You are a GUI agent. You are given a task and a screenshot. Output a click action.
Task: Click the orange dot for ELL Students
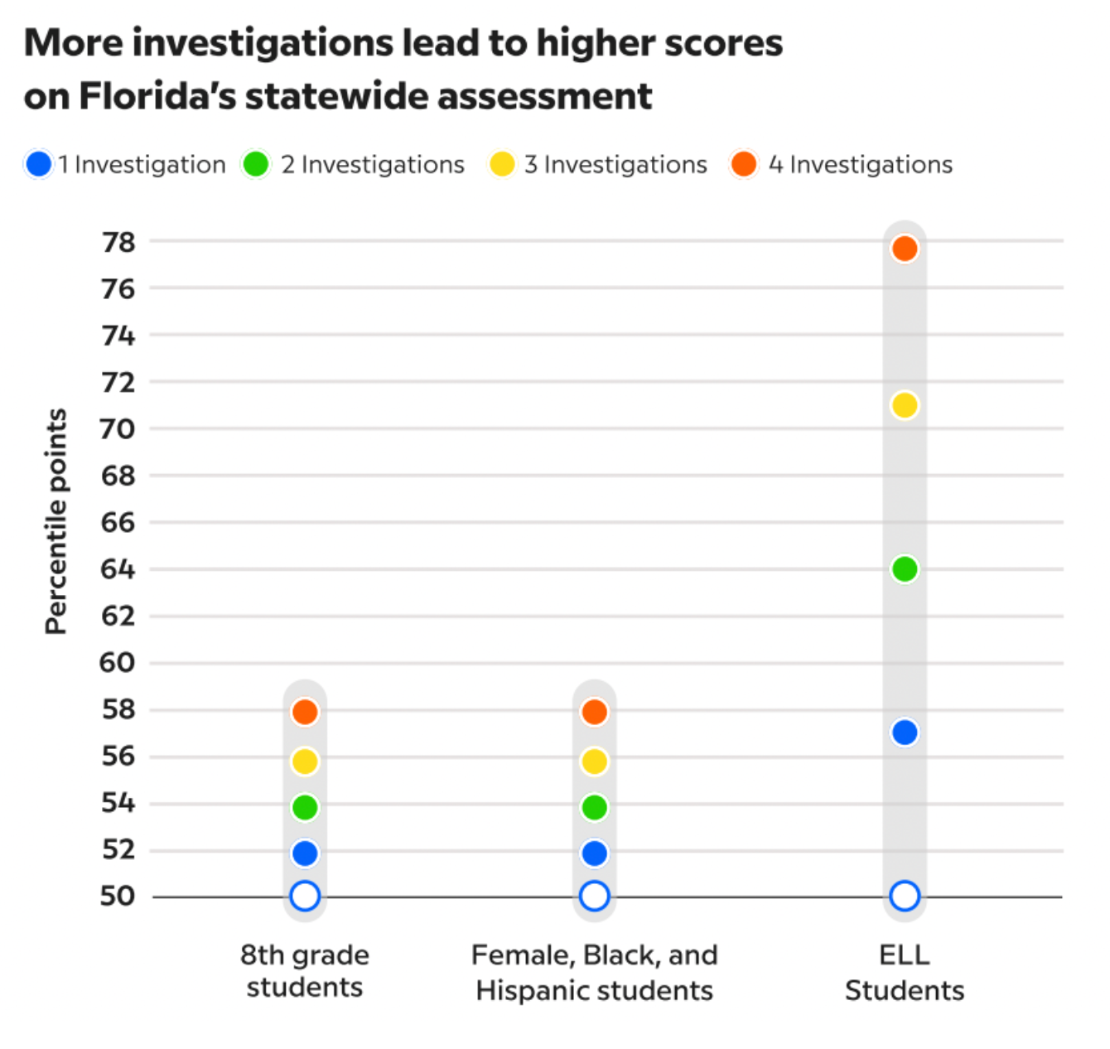point(905,249)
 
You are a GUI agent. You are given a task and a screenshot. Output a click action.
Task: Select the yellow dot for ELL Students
point(905,405)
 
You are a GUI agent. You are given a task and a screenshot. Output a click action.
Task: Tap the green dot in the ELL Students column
point(905,569)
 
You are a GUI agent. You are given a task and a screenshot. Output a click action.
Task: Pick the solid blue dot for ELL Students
point(905,732)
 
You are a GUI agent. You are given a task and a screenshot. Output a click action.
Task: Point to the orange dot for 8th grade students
point(305,712)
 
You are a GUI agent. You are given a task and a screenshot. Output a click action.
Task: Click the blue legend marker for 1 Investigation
point(39,164)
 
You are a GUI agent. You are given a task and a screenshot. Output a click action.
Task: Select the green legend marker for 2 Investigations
point(255,164)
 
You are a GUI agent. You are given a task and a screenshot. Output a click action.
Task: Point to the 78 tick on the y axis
point(118,243)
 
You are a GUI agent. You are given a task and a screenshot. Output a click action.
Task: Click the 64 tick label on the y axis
point(118,569)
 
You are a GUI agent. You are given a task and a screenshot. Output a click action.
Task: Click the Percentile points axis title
point(55,522)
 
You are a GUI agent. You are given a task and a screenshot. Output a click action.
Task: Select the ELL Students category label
point(905,973)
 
